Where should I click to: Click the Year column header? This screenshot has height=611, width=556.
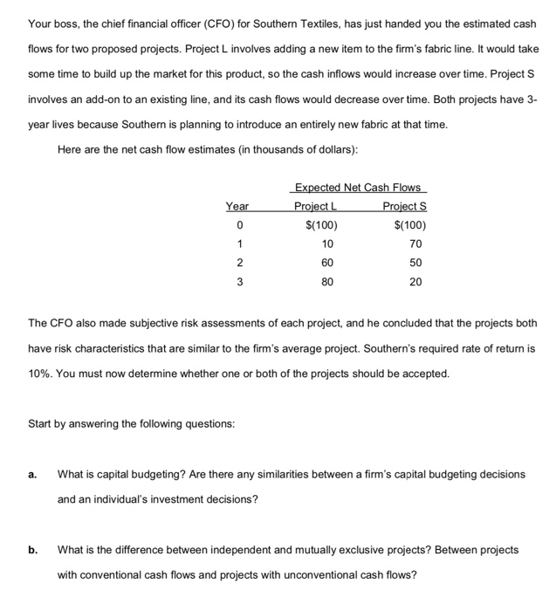(237, 207)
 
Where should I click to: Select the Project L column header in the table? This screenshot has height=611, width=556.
(315, 207)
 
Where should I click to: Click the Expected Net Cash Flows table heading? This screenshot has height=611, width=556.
(358, 188)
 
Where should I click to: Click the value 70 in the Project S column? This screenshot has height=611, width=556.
(415, 244)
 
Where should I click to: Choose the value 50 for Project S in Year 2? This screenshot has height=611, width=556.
(415, 263)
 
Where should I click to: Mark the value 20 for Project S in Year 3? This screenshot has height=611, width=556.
(415, 282)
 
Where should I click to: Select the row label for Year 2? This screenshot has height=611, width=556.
(239, 263)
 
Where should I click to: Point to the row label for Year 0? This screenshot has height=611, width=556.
(239, 225)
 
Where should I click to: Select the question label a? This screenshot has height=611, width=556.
(32, 475)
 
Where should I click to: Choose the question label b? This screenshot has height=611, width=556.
(32, 551)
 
